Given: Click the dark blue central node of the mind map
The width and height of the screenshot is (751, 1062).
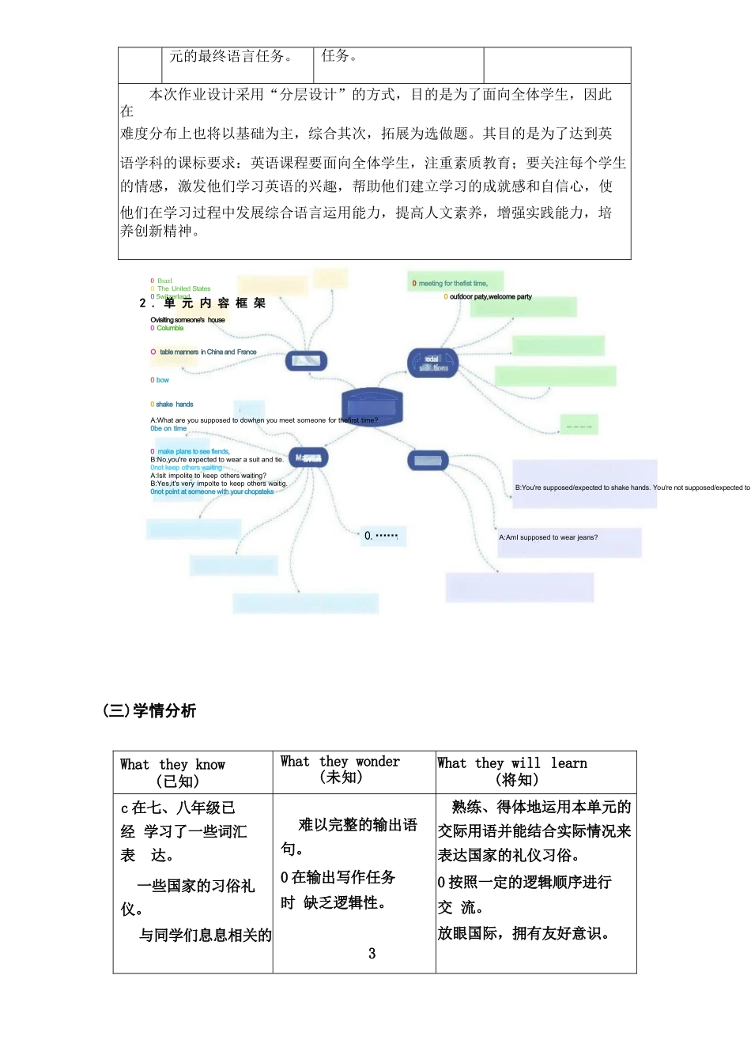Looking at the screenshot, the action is point(372,406).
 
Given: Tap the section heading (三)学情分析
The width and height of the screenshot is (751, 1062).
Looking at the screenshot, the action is point(149,710).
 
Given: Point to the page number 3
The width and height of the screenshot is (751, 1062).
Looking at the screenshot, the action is point(372,953).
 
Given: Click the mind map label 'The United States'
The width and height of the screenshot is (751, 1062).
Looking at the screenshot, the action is point(183,288).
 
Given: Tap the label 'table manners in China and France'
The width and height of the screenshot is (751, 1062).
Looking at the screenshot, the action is point(208,352).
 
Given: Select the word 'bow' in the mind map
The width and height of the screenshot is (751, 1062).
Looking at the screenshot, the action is point(162,380).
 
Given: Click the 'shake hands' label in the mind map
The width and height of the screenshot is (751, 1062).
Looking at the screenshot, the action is point(174,404).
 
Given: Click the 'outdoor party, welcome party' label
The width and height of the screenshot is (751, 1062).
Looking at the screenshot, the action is point(490,297).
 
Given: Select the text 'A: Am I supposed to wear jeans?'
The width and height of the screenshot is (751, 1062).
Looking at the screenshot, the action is point(548,537).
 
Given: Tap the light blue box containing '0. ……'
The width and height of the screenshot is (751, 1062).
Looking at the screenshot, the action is point(381,536).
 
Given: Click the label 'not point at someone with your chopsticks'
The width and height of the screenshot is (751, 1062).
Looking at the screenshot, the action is point(213,491).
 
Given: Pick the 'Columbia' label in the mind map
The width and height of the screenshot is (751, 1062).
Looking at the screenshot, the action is point(170,328).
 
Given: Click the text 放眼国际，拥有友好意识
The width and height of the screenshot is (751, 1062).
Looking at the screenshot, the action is point(523,933).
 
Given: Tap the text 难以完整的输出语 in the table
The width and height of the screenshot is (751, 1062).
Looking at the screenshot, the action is point(357,824).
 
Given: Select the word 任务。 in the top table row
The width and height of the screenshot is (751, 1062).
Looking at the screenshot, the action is point(339,56).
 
